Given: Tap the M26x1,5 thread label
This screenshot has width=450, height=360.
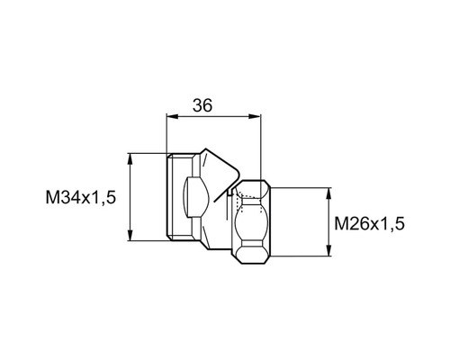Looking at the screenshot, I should point(369,222).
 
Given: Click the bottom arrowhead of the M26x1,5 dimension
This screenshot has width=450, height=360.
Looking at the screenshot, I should point(328,253).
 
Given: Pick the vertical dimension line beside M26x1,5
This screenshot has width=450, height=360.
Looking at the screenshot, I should point(328,222).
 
